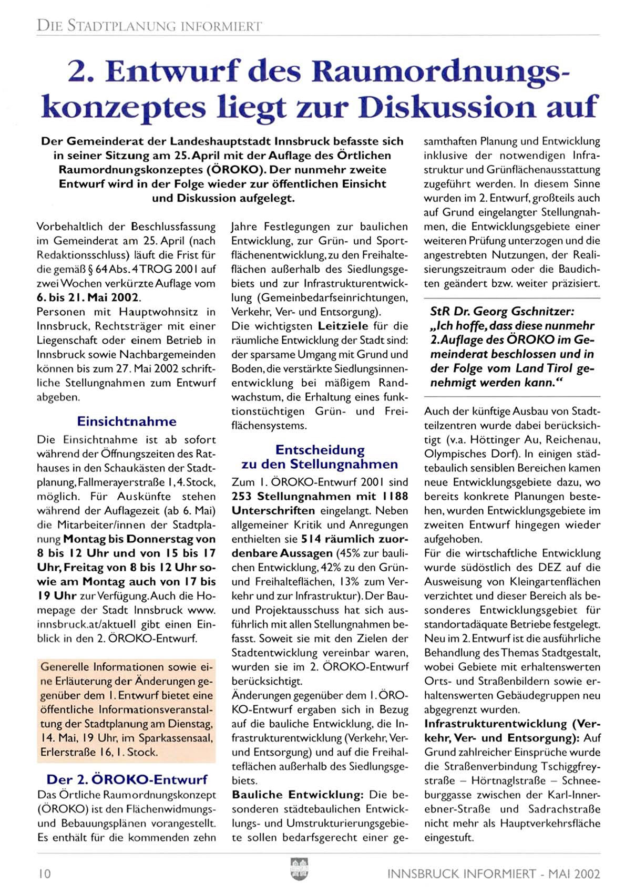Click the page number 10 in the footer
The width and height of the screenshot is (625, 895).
tap(44, 873)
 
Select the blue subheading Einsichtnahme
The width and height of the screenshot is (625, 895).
tap(127, 421)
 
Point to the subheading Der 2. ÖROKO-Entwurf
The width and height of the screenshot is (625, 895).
tap(127, 779)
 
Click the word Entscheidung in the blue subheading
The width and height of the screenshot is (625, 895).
tap(320, 450)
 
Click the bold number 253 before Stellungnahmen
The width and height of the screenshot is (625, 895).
tap(242, 496)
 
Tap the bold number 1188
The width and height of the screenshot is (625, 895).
tap(395, 496)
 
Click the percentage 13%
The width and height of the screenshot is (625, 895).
tap(349, 582)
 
